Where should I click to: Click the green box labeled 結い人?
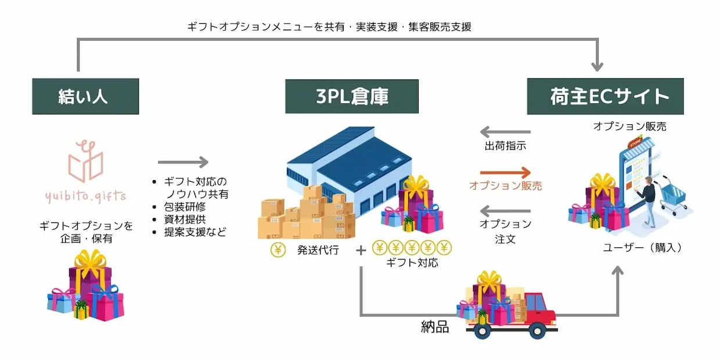pos(85,96)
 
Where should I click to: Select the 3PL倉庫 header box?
pos(351,96)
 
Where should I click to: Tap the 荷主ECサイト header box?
pos(604,96)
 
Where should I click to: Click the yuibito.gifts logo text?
pos(85,196)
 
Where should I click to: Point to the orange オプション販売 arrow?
pos(505,172)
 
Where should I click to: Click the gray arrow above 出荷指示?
pos(505,132)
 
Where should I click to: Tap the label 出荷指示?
pos(505,146)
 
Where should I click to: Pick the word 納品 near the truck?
pos(435,327)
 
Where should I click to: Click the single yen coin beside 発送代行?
pos(278,250)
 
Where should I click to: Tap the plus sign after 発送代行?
pos(361,250)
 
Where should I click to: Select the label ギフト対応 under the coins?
pos(412,263)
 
